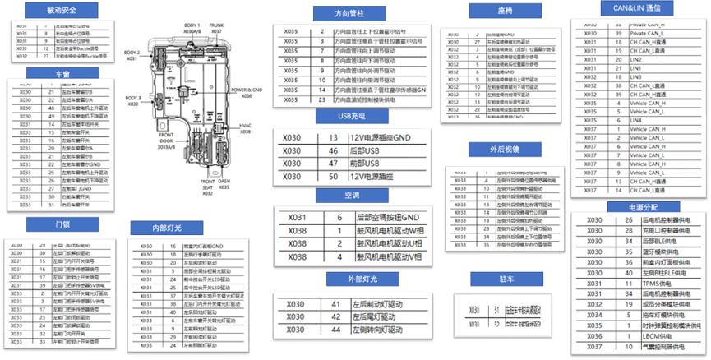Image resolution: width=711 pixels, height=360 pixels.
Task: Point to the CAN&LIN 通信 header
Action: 631,7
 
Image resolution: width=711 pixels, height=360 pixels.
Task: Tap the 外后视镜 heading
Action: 504,150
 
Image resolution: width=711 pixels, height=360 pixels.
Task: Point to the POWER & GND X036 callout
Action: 245,91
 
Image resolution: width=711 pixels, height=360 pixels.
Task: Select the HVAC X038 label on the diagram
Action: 248,130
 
